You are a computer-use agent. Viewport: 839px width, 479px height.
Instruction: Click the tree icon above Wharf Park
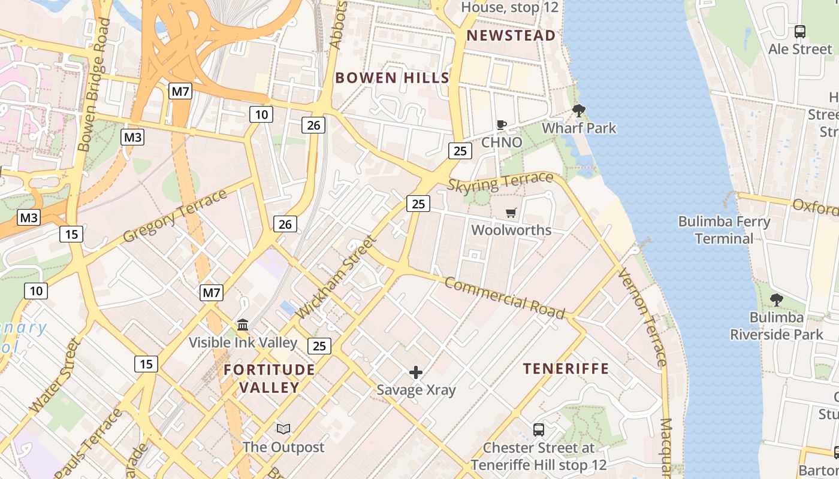pos(578,110)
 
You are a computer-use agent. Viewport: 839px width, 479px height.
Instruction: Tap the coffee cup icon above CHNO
pos(502,125)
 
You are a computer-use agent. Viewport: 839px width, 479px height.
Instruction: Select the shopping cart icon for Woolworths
pos(511,213)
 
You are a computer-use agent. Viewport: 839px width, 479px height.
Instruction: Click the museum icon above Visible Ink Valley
pos(243,325)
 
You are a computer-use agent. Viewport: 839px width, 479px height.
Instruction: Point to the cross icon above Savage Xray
pos(416,372)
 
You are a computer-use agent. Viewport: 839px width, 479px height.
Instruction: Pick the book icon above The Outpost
pos(283,429)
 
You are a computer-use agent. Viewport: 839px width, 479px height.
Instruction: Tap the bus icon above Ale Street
pos(800,31)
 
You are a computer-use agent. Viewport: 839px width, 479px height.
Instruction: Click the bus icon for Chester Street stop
pos(539,429)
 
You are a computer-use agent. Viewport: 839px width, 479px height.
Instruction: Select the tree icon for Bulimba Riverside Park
pos(776,299)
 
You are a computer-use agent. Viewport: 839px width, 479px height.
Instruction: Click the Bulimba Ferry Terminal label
pos(724,230)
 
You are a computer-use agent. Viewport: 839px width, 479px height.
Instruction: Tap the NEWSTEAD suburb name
pos(511,35)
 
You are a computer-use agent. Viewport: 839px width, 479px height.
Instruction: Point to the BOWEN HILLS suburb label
pos(392,77)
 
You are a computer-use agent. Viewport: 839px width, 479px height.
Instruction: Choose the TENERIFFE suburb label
pos(566,368)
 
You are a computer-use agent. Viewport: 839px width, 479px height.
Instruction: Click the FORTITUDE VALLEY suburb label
pos(269,378)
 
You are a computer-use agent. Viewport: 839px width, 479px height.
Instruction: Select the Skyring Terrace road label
pos(500,181)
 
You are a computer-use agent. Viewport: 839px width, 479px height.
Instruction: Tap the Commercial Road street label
pos(505,298)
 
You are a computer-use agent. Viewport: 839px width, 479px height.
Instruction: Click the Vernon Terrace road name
pos(641,317)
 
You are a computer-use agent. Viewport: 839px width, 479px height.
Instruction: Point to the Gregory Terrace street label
pos(175,216)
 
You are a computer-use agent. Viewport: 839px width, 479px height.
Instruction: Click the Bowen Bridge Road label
pos(95,84)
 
